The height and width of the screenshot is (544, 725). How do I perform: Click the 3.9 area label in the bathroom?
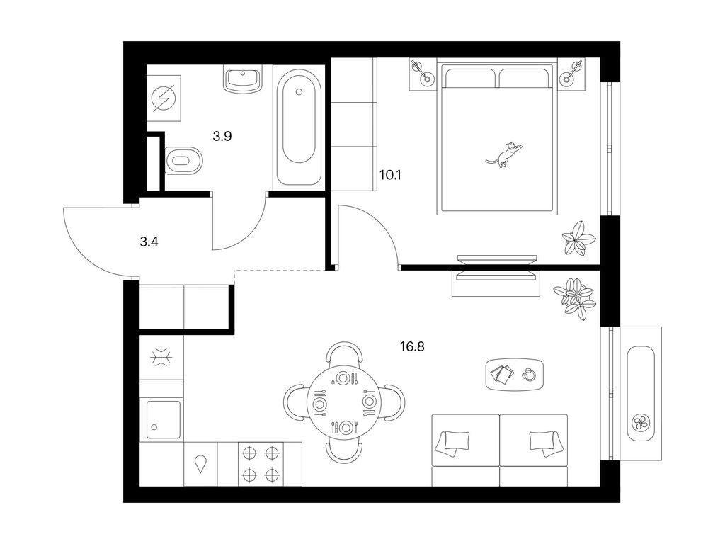click(222, 136)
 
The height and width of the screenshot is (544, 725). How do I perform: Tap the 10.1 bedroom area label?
click(390, 175)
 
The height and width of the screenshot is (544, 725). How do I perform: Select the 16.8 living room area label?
click(412, 346)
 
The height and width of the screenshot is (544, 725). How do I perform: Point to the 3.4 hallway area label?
click(149, 241)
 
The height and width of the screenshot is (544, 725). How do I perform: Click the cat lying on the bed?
click(504, 154)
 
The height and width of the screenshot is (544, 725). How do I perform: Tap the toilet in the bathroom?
click(183, 161)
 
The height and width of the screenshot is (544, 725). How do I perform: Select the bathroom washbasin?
click(243, 79)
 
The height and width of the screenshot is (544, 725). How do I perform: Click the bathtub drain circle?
click(299, 92)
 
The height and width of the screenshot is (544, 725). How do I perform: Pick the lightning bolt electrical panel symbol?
click(164, 98)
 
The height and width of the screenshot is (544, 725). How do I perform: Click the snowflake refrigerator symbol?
click(161, 358)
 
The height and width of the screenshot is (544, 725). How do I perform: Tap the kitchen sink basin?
click(164, 419)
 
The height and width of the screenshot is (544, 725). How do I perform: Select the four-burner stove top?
click(261, 463)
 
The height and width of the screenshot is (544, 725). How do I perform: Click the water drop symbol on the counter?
click(200, 463)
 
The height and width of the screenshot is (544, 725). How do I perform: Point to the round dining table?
click(343, 403)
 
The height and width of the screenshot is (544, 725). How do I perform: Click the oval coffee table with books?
click(515, 374)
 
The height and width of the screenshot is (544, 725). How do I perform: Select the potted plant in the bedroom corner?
click(578, 238)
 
